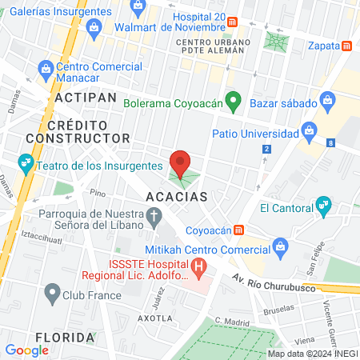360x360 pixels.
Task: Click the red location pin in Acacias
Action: click(x=180, y=162)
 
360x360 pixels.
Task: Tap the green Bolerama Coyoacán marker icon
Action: click(x=233, y=102)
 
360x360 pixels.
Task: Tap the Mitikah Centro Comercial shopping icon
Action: click(x=279, y=246)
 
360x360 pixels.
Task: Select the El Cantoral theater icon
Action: click(x=323, y=208)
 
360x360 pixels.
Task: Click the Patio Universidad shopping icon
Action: click(x=309, y=130)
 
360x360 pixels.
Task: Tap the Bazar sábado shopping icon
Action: click(x=326, y=102)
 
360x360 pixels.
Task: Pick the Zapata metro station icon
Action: click(x=346, y=46)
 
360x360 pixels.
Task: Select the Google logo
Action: click(x=26, y=350)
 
